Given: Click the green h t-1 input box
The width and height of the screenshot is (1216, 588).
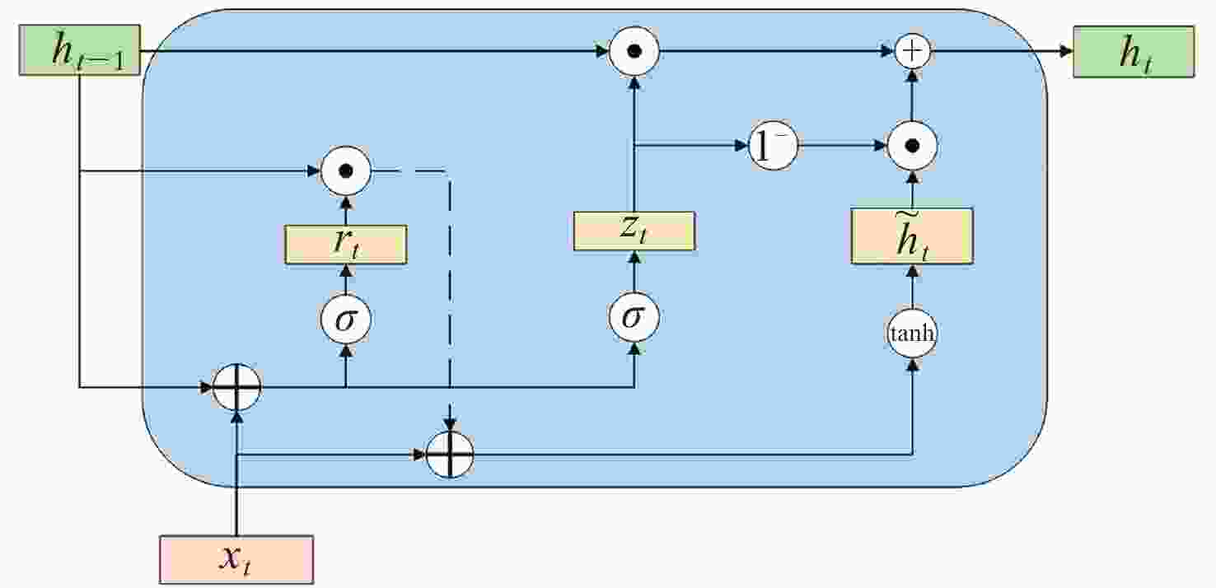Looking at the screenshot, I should [80, 51].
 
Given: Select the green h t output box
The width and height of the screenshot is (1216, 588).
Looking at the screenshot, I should [1133, 52].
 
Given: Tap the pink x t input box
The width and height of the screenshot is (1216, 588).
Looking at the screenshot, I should [236, 559].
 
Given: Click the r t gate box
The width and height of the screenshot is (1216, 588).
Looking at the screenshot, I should [346, 245].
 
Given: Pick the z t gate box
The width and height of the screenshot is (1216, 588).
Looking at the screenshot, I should [634, 231].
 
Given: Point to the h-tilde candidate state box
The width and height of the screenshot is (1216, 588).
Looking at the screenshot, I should [912, 236].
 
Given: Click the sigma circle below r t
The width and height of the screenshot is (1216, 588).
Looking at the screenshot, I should [346, 319].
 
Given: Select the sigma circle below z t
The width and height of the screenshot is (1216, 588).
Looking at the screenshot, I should [634, 317].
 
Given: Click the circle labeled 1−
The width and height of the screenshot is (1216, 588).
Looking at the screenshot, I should [774, 147].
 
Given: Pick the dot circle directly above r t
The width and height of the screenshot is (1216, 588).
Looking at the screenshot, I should [346, 171].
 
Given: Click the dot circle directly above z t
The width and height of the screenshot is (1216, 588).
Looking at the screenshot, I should [634, 51].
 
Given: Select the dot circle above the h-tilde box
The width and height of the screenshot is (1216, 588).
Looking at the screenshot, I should [912, 147].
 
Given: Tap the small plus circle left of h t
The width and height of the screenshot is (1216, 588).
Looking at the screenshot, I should [912, 51].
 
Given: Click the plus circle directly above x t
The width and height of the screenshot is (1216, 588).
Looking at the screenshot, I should [236, 386].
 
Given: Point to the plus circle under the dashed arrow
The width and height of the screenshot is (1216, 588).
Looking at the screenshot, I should [450, 454].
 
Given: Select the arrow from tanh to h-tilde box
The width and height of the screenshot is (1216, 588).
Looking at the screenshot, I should [912, 288].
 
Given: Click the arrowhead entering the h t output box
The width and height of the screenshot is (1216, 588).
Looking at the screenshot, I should [1066, 51].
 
